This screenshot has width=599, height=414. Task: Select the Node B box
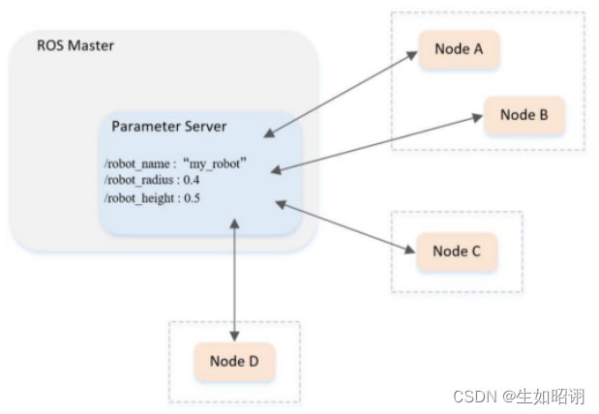click(x=524, y=115)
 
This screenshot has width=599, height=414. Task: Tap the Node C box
click(x=456, y=251)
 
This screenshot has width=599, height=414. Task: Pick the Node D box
click(x=234, y=362)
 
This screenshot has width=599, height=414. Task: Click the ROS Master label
click(x=75, y=45)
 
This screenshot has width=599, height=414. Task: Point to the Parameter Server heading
click(x=169, y=127)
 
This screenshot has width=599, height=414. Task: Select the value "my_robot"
click(x=215, y=165)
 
